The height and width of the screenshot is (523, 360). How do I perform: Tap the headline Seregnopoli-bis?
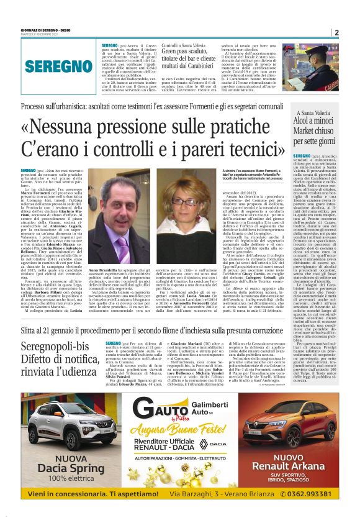55,347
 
